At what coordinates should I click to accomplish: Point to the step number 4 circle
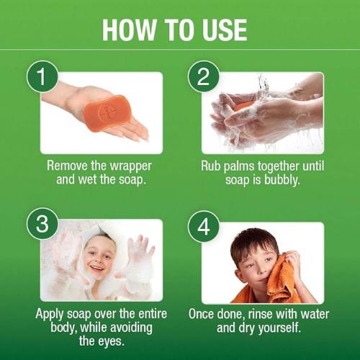pos(202,225)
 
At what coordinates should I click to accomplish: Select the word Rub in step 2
pos(212,165)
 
